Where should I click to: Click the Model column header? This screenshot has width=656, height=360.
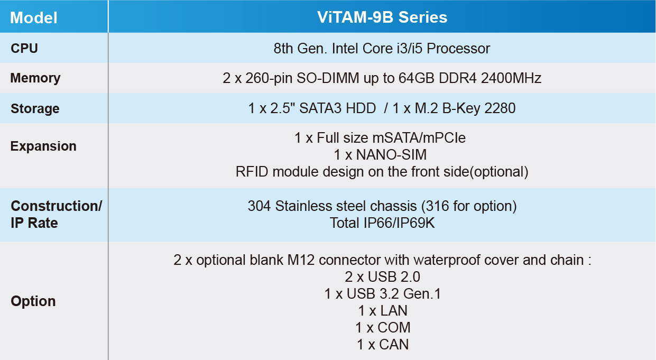34,17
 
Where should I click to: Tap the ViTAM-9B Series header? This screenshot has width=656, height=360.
382,17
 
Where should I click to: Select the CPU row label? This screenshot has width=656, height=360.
24,48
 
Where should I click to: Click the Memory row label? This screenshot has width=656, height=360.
35,78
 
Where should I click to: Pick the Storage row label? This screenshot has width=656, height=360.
35,108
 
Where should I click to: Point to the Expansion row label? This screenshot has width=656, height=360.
43,146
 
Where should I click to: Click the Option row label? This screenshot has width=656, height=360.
33,301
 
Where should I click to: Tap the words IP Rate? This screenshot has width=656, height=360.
34,223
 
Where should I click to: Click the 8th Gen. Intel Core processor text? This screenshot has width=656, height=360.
382,49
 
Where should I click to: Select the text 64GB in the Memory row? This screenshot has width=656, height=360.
417,78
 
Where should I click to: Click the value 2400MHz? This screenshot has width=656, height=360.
511,78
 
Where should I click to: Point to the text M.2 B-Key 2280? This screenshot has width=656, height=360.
465,108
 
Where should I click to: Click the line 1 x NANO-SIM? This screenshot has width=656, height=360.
381,155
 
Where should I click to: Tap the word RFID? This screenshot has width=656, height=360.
252,172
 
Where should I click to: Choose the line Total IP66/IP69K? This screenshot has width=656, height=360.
382,223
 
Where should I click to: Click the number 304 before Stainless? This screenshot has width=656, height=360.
259,206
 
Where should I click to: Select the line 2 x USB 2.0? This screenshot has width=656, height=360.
383,277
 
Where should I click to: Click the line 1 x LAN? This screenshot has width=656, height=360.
383,311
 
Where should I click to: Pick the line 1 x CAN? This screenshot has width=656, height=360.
383,345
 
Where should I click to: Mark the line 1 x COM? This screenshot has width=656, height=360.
383,327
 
